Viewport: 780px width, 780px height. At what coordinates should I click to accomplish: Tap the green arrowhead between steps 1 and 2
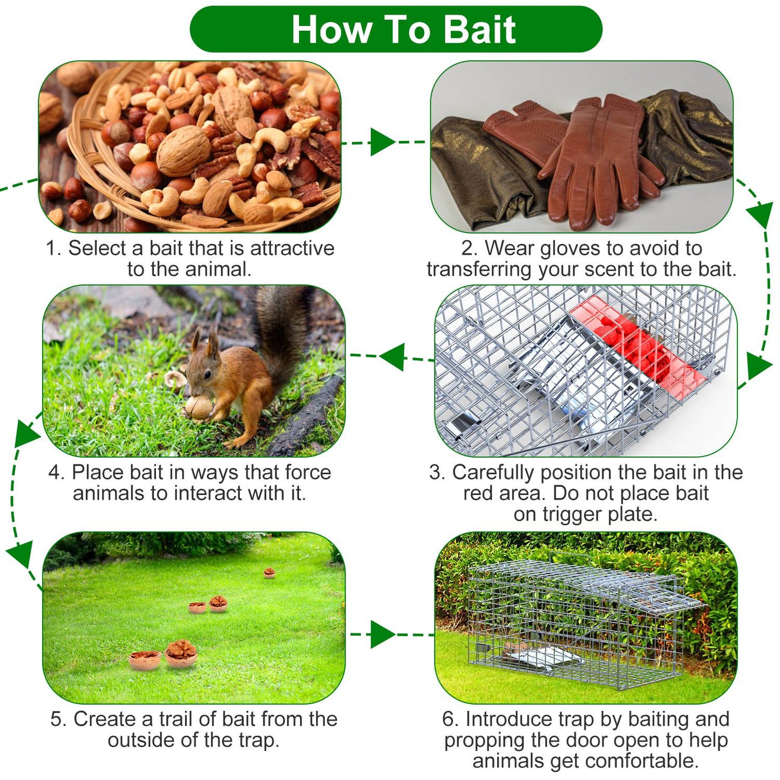tap(382, 142)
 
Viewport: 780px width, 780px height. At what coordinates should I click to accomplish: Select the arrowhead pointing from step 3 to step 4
tap(392, 357)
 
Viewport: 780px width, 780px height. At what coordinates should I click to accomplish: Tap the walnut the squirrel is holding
tap(199, 408)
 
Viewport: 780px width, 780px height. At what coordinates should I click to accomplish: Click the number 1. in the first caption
tap(53, 248)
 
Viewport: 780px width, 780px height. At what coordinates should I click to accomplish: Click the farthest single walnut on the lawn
tap(269, 573)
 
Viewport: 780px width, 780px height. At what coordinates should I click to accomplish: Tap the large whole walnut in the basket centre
tap(183, 151)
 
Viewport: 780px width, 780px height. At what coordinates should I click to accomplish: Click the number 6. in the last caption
tap(451, 720)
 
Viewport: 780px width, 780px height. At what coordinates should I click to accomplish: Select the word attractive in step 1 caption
tap(292, 248)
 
